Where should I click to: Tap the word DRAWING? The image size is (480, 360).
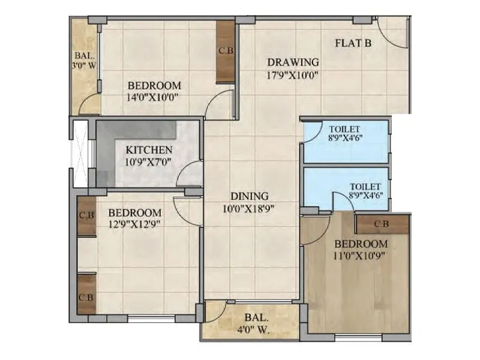coord(293,62)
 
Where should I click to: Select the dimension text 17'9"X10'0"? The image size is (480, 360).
coord(292,76)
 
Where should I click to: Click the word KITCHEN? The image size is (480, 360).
coord(149,149)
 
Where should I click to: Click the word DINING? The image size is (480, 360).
coord(250,196)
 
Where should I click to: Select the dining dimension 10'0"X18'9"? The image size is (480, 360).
coord(250,209)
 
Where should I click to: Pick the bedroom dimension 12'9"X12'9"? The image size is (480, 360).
coord(134,225)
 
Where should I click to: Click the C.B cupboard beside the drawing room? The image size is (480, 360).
coord(226,52)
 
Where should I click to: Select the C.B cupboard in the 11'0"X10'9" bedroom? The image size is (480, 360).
coord(382,224)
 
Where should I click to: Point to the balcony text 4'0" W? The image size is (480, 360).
coord(256,329)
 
